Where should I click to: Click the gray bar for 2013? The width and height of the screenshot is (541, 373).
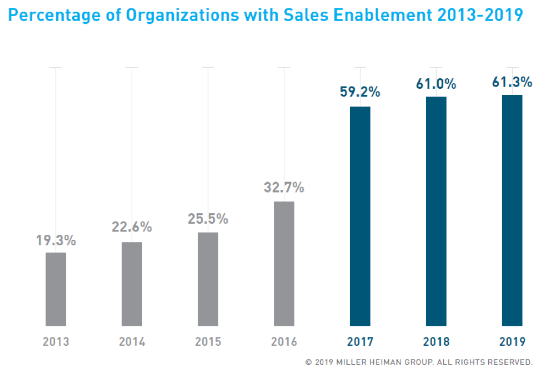(56, 289)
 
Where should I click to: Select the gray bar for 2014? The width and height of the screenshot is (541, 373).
(132, 284)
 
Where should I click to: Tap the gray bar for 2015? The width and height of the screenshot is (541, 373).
(208, 279)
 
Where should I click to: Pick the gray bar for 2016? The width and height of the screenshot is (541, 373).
(284, 263)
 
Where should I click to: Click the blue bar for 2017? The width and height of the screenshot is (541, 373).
(360, 216)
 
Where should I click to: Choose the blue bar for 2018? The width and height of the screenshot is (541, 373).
(436, 211)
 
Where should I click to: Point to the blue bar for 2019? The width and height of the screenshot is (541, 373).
(512, 210)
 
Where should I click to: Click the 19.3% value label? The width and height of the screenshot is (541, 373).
(56, 241)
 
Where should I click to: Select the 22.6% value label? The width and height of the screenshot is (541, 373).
(132, 227)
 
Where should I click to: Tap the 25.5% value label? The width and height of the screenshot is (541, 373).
(208, 219)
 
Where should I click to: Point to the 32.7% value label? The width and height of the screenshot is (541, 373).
(284, 188)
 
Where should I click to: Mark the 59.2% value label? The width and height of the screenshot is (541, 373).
(360, 92)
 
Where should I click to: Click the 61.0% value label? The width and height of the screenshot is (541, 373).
(436, 84)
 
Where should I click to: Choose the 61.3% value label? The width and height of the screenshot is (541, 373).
(512, 82)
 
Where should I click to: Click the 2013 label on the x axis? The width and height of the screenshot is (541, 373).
(56, 341)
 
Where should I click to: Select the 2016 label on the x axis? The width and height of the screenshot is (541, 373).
(284, 341)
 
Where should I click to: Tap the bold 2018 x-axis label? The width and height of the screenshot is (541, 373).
(436, 341)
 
